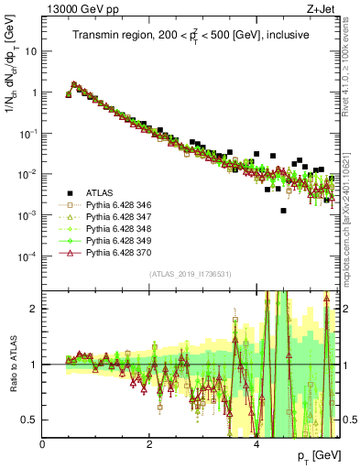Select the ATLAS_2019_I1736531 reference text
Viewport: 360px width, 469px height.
pos(191,273)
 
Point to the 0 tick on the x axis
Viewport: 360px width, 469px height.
pos(43,443)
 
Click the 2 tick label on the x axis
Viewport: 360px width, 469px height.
pos(149,443)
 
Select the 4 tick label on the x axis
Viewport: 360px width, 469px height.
pos(256,443)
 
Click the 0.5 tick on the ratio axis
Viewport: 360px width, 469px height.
pos(32,420)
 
